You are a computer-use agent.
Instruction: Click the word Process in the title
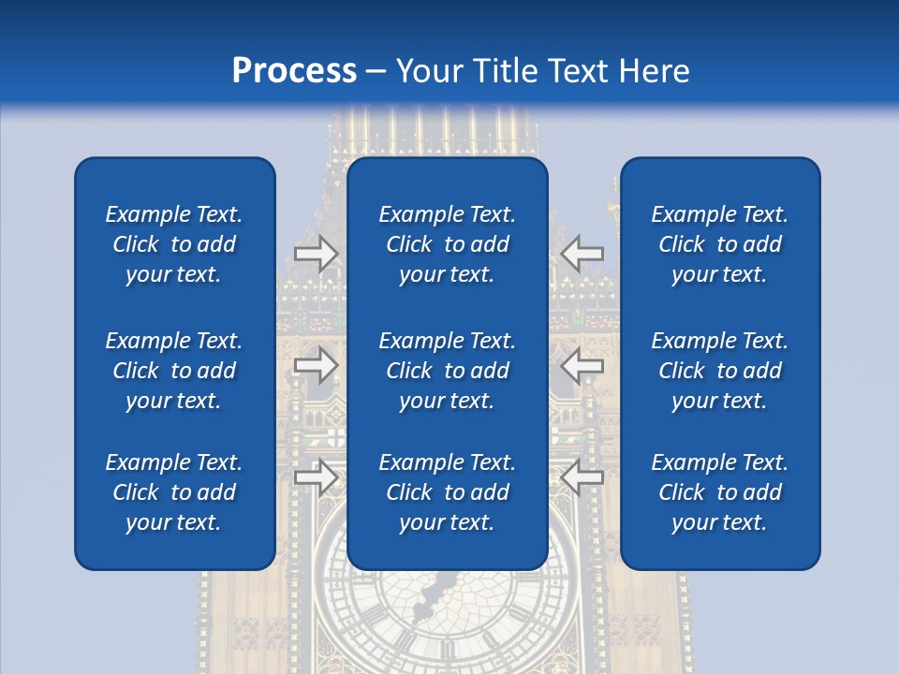tap(294, 71)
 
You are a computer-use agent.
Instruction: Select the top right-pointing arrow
tap(317, 253)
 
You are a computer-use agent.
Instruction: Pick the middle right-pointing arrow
tap(317, 365)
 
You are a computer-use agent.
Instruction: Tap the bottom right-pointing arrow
tap(317, 477)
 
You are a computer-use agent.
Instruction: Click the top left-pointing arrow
tap(582, 253)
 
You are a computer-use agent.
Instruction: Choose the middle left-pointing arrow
tap(582, 365)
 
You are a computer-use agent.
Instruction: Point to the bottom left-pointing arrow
tap(582, 477)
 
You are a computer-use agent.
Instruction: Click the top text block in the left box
tap(174, 244)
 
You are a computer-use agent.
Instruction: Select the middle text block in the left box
tap(174, 371)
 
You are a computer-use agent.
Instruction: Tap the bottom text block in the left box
tap(174, 492)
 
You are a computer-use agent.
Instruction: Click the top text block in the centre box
tap(447, 244)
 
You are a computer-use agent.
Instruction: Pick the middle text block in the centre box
tap(447, 371)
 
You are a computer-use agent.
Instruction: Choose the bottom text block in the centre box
tap(447, 492)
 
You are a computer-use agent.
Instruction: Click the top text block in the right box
tap(719, 244)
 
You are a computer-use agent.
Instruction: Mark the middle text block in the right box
tap(719, 371)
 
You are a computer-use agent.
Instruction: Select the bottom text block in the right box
tap(719, 492)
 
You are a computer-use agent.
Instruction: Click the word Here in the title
tap(655, 71)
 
